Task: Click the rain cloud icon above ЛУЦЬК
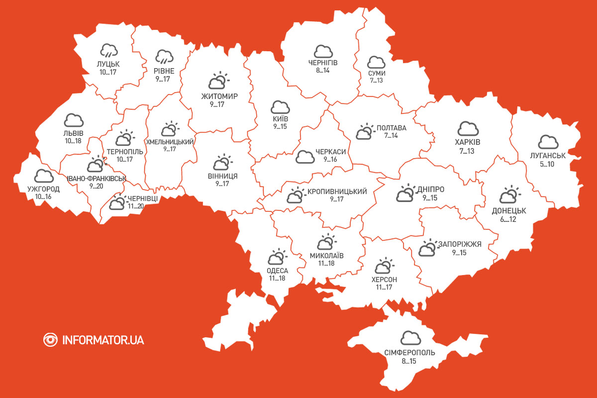click(108, 50)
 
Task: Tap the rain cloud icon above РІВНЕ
click(164, 57)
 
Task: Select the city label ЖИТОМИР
click(219, 97)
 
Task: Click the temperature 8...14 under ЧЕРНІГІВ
click(323, 71)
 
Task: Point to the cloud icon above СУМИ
click(376, 63)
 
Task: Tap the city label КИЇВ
click(280, 119)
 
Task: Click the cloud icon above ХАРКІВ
click(468, 128)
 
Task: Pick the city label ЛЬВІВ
click(74, 133)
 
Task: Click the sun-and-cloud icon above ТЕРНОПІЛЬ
click(124, 138)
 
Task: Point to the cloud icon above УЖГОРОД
click(44, 176)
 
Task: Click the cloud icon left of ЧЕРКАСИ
click(305, 157)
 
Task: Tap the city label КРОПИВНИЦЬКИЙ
click(337, 192)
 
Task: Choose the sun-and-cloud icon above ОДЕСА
click(277, 258)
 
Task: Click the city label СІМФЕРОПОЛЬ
click(409, 353)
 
